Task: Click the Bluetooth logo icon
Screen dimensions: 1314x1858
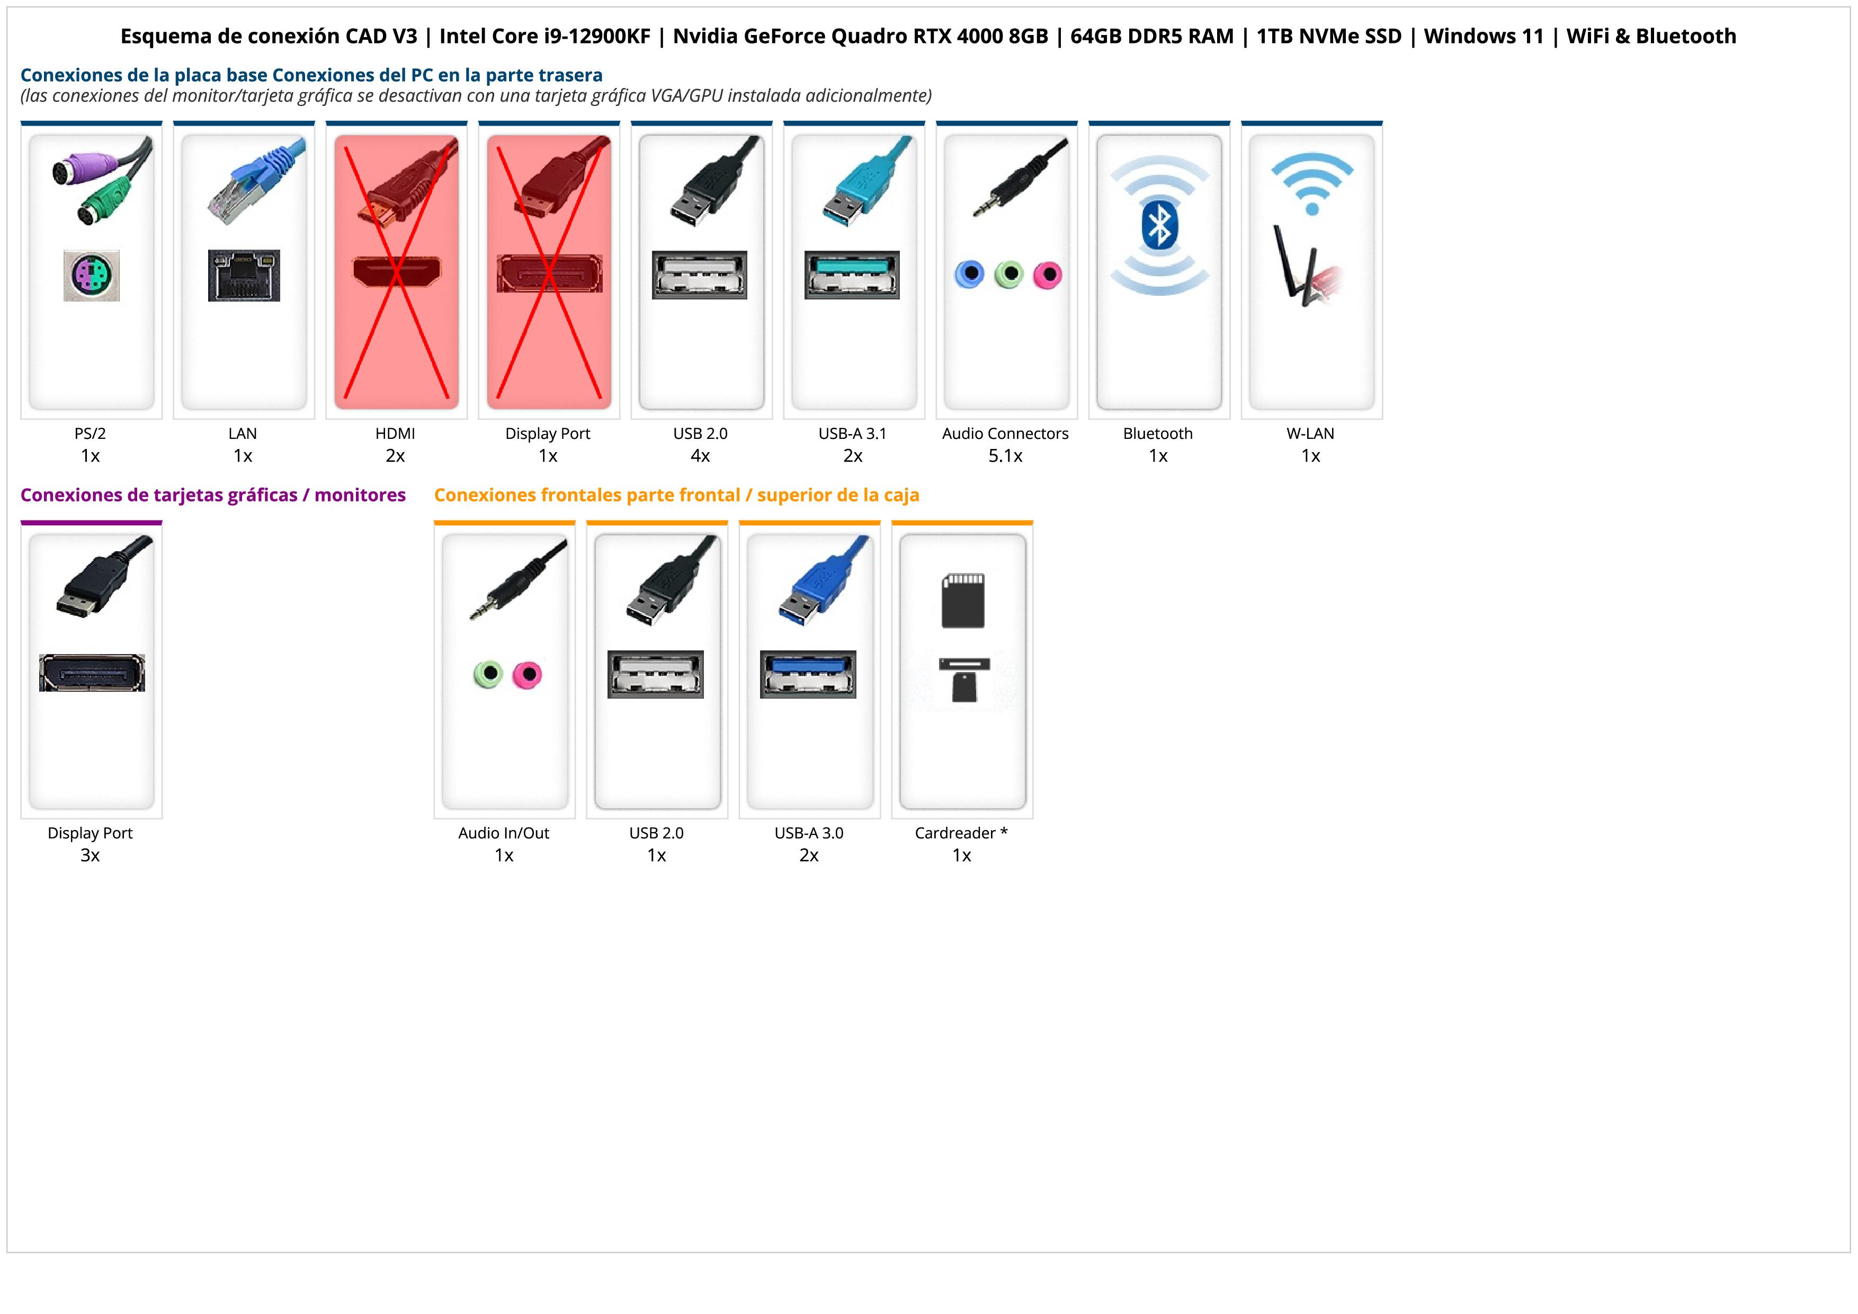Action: (x=1159, y=226)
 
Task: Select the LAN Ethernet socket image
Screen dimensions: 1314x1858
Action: (x=244, y=275)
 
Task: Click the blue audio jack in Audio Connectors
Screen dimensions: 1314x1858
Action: (x=969, y=275)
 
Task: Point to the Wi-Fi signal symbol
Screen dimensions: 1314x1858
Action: (x=1312, y=184)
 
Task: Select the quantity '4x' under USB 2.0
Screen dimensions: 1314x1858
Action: (x=700, y=456)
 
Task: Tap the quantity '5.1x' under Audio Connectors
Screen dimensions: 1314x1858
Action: (x=1005, y=456)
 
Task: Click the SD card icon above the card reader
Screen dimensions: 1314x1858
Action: (x=962, y=601)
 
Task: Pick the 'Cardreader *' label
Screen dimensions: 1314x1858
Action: (x=961, y=833)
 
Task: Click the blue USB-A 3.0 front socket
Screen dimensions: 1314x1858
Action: (x=808, y=674)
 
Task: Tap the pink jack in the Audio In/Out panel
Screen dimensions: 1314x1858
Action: (x=528, y=674)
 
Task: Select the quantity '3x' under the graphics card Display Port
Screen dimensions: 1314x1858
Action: (x=90, y=856)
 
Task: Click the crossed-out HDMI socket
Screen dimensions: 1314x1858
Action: (x=397, y=271)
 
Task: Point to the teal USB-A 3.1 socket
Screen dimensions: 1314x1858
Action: (x=852, y=275)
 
